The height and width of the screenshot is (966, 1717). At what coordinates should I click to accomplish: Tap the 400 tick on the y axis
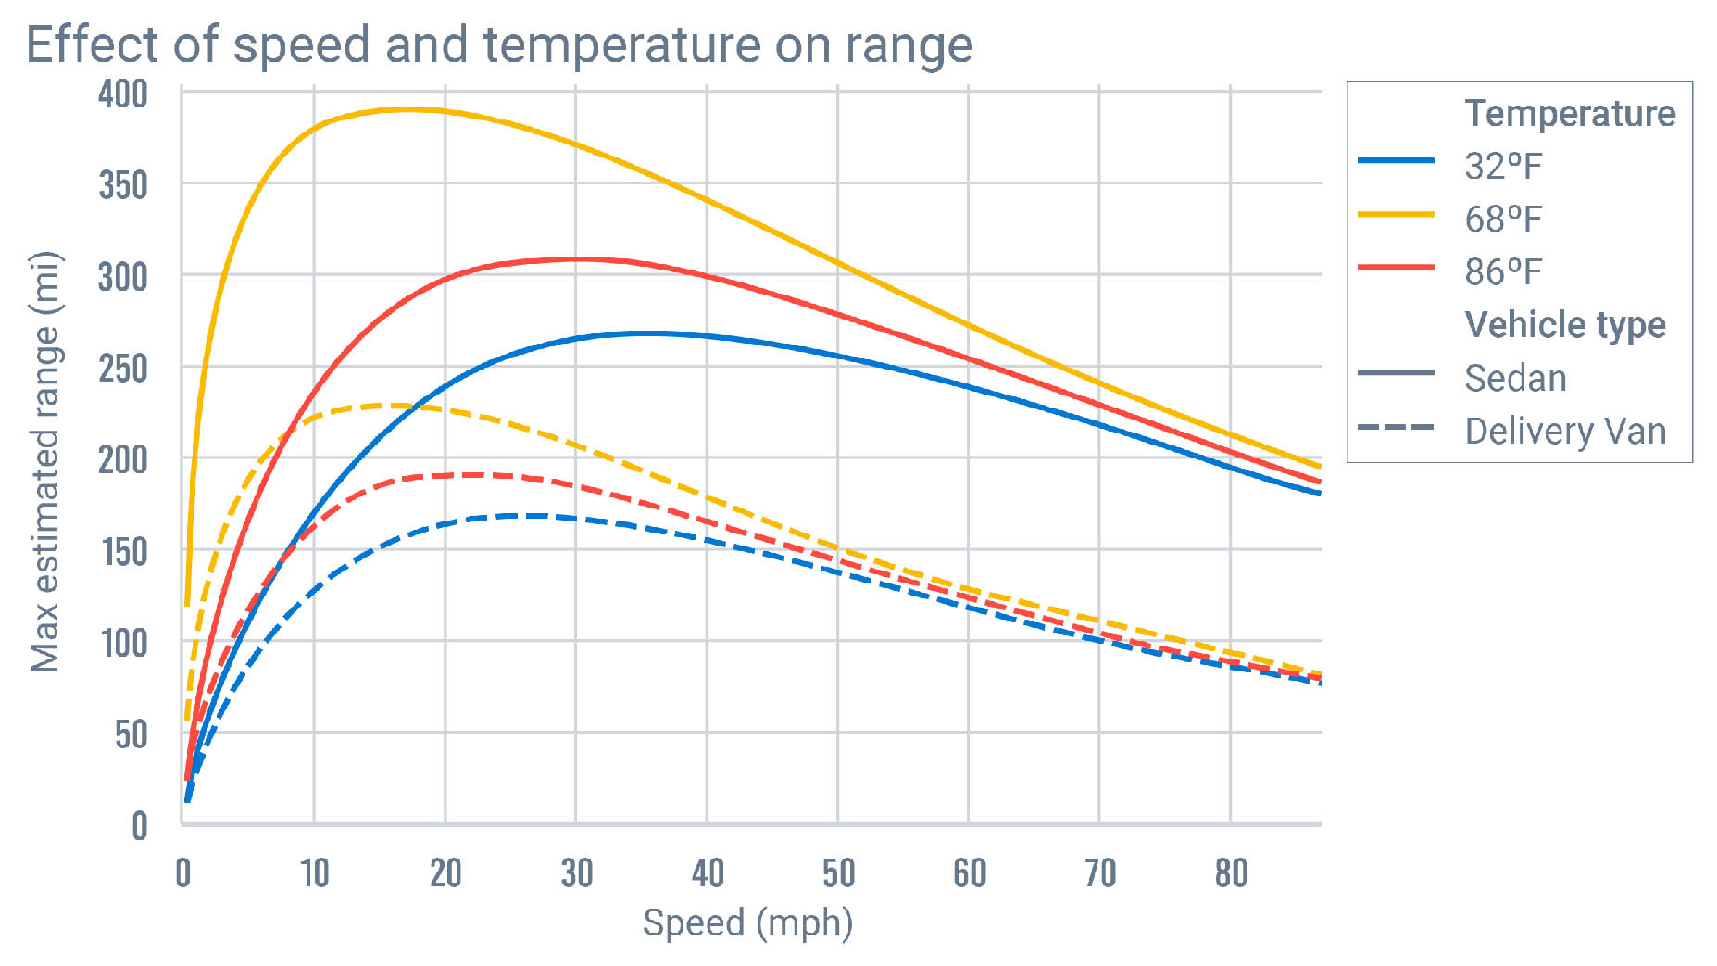123,94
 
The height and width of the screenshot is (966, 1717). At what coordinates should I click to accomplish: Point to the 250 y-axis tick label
123,369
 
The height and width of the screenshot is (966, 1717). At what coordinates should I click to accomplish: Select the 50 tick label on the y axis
131,734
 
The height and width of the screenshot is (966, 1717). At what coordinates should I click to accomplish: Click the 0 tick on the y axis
139,825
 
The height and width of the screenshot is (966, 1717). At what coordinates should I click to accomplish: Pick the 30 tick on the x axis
576,873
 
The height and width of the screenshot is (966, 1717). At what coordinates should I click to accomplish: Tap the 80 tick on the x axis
1231,873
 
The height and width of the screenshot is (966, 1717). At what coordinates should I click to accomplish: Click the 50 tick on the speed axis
838,873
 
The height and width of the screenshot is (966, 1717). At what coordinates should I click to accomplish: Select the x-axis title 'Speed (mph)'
747,923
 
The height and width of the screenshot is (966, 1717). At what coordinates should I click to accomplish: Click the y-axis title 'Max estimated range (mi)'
44,461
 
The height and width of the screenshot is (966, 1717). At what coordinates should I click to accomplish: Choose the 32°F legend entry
1502,167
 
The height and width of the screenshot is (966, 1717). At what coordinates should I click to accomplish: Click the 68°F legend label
1502,220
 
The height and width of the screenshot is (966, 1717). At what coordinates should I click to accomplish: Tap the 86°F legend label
1502,272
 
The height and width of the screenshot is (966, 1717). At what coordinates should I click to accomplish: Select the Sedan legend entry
1515,379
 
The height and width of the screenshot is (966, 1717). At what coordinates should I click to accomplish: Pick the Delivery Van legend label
1565,432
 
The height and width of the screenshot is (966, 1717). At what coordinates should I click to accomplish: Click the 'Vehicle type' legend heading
1565,325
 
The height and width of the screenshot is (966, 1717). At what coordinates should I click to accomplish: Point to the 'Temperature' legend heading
1570,114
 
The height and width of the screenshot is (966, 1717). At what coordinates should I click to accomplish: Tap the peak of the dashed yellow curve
394,405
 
